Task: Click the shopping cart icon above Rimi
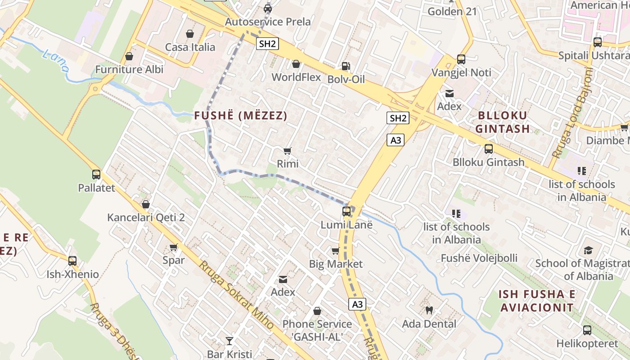tap(288, 151)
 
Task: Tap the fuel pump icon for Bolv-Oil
tap(346, 66)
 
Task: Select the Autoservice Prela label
tap(268, 22)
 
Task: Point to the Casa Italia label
tap(190, 47)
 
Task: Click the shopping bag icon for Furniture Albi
tap(129, 57)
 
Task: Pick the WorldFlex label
tap(296, 77)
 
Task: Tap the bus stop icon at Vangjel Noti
tap(461, 59)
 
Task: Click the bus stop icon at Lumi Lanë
tap(346, 211)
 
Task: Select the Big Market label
tap(336, 264)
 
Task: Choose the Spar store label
tap(173, 260)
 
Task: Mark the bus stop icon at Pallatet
tap(96, 175)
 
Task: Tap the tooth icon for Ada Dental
tap(429, 310)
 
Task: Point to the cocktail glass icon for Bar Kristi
tap(229, 341)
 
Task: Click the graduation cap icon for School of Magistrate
tap(588, 250)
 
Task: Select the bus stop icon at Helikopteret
tap(587, 330)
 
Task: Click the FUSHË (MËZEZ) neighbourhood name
tap(241, 116)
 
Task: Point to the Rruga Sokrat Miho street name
tap(236, 295)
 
